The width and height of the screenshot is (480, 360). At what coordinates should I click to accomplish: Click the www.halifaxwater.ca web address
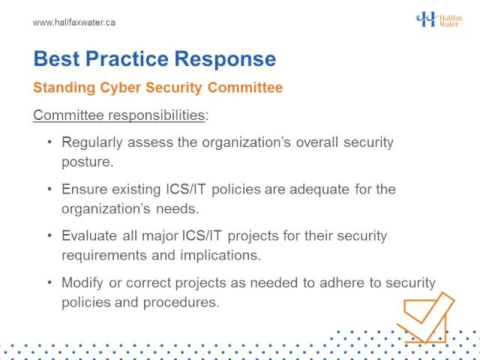[x=74, y=22]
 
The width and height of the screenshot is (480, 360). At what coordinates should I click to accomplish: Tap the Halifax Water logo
[x=439, y=19]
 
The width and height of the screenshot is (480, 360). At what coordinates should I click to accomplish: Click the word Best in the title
[x=57, y=58]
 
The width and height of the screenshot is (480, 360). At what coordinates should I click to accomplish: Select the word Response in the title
[x=225, y=59]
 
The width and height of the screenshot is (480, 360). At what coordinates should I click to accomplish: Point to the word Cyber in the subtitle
[x=120, y=88]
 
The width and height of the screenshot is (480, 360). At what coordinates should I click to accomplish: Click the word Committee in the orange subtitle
[x=245, y=88]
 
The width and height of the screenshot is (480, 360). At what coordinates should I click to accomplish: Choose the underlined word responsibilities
[x=157, y=115]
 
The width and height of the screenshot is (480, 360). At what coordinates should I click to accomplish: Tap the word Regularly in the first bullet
[x=92, y=142]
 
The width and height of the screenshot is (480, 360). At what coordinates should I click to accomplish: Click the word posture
[x=88, y=162]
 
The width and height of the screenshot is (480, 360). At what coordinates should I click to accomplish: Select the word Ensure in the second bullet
[x=84, y=189]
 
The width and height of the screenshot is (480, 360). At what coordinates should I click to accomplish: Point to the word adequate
[x=319, y=190]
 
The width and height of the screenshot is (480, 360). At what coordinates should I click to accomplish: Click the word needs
[x=177, y=209]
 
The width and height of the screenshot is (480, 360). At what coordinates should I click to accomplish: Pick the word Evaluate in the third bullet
[x=89, y=235]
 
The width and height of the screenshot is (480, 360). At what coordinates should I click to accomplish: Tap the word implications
[x=220, y=256]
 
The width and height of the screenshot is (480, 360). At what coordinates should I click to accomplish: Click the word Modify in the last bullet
[x=82, y=283]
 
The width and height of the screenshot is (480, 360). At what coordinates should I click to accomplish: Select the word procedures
[x=181, y=303]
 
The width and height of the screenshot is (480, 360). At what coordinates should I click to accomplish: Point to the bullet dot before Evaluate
[x=50, y=236]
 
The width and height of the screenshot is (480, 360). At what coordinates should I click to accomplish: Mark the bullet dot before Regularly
[x=50, y=142]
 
